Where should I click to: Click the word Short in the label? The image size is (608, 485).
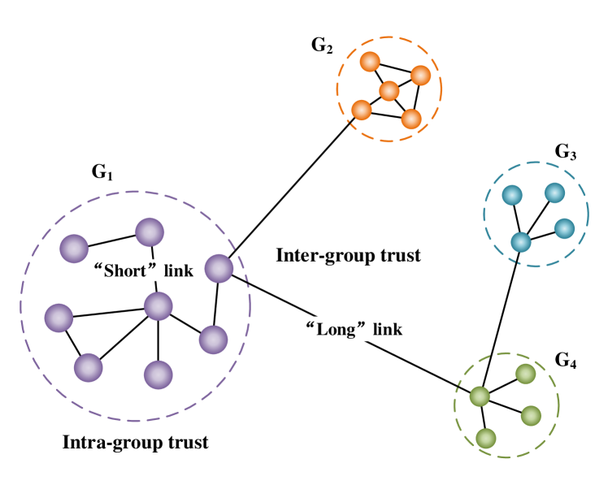coord(124,271)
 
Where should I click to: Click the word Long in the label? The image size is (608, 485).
coord(336,329)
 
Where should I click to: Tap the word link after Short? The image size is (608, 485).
coord(179,271)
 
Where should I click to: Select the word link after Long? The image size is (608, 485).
coord(388,329)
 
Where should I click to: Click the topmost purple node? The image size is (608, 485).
coord(150,232)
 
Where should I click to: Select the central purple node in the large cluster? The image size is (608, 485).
coord(159,306)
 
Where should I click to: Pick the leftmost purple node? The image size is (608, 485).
coord(59,318)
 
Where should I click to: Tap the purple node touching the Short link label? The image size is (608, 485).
coord(219,269)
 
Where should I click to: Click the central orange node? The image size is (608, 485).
coord(389,91)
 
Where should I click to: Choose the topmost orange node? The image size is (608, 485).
coord(370,62)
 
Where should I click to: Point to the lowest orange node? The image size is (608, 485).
coord(411,119)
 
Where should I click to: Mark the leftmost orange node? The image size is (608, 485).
coord(362,110)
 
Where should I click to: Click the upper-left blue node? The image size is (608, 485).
coord(511,195)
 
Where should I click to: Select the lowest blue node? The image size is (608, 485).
coord(521,242)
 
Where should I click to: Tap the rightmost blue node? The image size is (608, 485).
coord(564,228)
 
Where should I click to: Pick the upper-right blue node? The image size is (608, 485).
coord(554,193)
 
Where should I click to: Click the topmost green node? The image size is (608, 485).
coord(525,374)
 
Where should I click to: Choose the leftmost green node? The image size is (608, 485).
coord(480,396)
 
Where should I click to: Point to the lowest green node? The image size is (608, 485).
coord(486,439)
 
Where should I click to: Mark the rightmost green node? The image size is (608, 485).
coord(531,416)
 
